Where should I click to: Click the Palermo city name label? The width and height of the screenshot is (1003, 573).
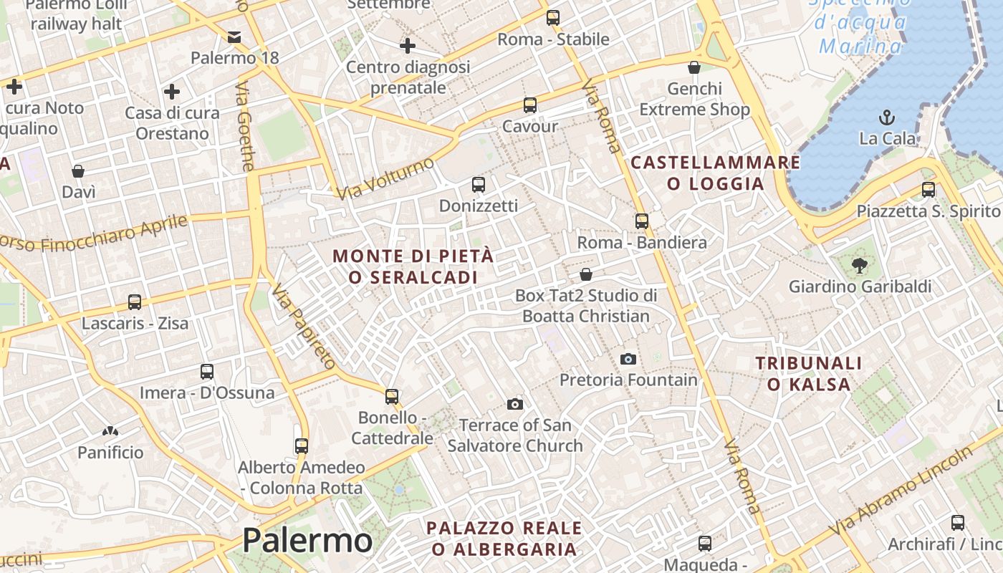307,540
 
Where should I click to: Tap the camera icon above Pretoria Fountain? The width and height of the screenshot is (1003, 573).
628,359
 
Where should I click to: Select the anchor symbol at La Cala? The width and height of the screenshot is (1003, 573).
887,117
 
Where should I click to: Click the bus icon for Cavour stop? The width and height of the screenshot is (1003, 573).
530,105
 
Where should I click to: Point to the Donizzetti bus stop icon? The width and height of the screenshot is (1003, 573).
479,185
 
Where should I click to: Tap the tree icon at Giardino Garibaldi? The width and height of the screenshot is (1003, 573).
859,266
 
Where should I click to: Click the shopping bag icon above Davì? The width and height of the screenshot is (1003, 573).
78,171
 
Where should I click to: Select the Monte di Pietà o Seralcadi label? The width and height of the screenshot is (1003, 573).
413,266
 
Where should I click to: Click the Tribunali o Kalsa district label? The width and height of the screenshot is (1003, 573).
809,374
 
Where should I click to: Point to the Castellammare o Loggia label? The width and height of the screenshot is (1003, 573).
715,173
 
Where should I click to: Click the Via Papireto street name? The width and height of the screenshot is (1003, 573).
304,327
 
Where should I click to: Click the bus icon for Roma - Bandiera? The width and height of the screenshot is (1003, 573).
642,221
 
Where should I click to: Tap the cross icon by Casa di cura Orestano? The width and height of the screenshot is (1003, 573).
172,92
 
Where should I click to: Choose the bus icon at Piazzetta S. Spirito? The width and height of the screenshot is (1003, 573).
928,190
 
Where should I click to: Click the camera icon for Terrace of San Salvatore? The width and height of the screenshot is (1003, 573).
514,405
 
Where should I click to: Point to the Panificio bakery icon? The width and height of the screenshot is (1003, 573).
110,431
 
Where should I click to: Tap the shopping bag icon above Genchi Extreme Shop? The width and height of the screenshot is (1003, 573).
694,68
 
